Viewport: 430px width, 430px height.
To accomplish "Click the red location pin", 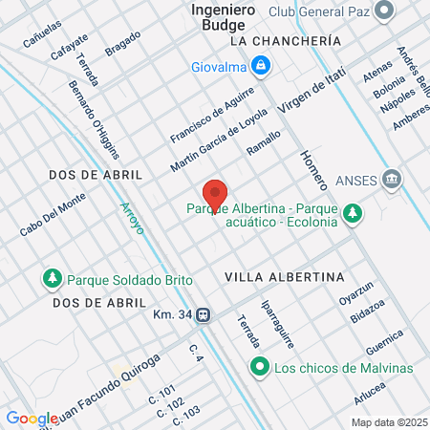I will click(215, 195).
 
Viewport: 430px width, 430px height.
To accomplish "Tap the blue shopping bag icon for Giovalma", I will click(259, 66).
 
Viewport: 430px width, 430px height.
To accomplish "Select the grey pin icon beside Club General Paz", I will click(384, 11).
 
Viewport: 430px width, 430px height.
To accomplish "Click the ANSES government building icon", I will click(391, 179).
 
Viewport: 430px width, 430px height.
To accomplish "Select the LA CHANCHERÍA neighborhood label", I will click(286, 42).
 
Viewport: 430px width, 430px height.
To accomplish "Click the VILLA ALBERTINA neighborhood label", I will click(284, 276).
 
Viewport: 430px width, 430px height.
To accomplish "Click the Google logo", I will click(32, 418).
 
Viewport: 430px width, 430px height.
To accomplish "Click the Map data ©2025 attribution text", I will click(387, 422).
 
